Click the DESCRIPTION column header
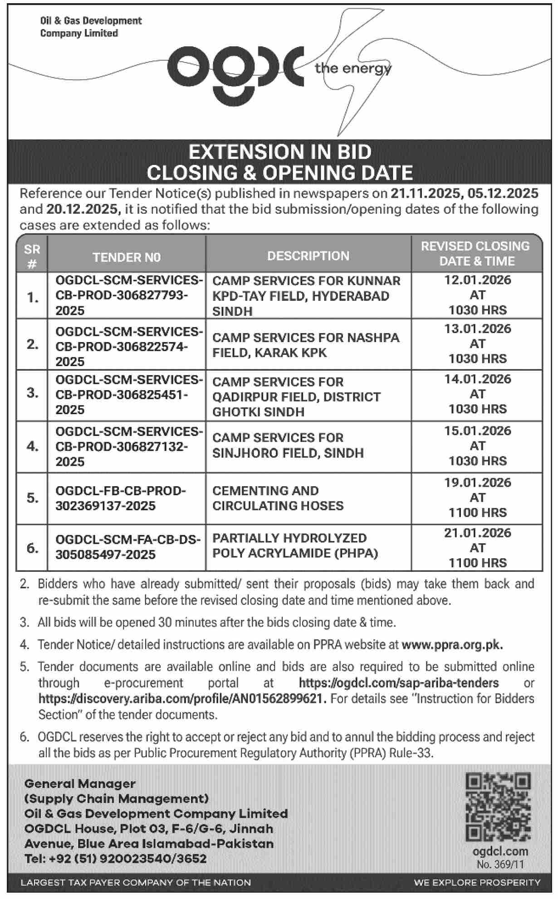click(308, 256)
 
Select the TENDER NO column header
click(127, 257)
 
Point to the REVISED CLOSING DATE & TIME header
click(477, 253)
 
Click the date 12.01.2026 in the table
click(477, 280)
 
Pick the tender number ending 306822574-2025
click(128, 347)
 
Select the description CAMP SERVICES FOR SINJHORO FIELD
click(288, 445)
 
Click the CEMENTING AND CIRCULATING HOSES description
click(278, 498)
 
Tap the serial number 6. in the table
click(32, 548)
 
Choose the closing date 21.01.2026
click(477, 533)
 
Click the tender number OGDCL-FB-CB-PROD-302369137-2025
click(120, 498)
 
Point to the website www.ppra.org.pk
click(452, 644)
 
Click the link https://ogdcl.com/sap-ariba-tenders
click(398, 683)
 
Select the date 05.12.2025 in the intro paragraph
click(503, 193)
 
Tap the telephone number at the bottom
click(116, 859)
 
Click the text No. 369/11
click(500, 865)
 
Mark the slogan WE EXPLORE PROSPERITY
click(477, 883)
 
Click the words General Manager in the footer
click(80, 784)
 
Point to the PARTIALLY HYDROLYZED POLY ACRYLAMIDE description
click(295, 546)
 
